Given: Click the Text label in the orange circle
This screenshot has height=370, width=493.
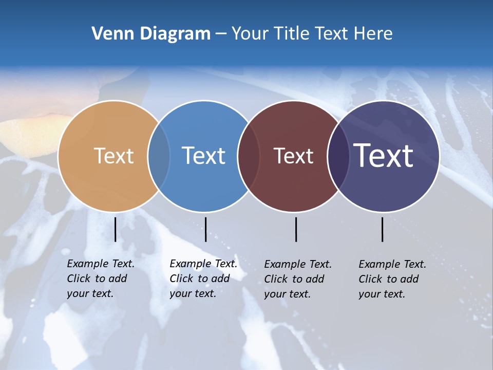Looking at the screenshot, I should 113,156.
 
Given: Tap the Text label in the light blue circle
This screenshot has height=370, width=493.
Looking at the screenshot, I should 203,156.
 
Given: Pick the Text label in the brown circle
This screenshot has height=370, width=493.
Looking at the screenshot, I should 293,156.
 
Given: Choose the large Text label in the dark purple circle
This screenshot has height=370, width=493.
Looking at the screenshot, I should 384,156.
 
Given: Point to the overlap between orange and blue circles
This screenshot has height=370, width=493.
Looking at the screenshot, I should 159,156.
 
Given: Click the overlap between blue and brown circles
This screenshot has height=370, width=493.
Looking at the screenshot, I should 248,156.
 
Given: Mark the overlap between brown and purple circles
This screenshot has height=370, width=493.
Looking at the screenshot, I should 338,156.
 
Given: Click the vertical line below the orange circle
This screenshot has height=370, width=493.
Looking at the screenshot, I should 115,229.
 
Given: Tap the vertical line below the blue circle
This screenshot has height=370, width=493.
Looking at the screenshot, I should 205,229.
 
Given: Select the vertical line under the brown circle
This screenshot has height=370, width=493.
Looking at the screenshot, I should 296,229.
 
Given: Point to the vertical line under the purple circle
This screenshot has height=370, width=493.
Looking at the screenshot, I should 383,229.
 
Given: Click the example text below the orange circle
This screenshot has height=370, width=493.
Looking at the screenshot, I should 101,279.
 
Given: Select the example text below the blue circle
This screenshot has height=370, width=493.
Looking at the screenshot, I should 203,279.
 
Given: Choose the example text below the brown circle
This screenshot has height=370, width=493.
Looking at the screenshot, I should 298,279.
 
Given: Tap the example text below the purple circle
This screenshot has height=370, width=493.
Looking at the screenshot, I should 392,279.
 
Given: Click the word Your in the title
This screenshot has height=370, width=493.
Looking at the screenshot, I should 250,34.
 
